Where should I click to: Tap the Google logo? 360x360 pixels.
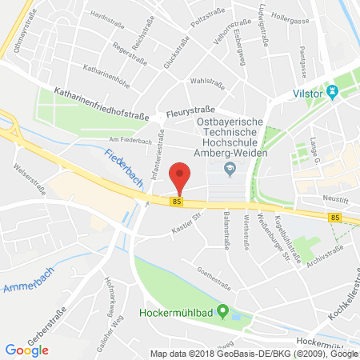click(26, 349)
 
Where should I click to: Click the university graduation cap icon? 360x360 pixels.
click(230, 167)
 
